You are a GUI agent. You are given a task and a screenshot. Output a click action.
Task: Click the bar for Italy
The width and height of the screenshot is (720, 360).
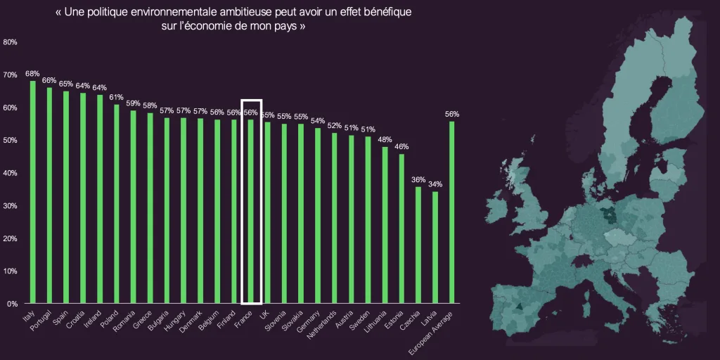(33, 192)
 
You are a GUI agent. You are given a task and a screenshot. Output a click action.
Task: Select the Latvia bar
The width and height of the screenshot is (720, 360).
(435, 247)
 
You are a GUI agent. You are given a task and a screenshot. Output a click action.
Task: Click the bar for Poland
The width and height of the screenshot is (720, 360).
(117, 204)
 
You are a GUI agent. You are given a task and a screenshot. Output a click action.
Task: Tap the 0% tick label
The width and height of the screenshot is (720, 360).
(12, 304)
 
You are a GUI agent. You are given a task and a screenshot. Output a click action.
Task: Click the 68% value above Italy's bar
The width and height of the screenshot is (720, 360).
(32, 73)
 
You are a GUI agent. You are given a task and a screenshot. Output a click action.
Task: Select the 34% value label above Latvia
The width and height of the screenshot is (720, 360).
(435, 184)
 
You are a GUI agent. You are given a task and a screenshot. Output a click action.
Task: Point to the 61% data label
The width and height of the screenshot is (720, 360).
(116, 97)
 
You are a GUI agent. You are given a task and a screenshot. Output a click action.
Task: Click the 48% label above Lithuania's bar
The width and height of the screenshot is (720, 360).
(385, 139)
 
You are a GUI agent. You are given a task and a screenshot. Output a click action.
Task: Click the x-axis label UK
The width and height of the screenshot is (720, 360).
(264, 316)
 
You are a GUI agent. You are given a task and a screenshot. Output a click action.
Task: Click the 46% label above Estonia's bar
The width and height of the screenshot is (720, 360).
(401, 146)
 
